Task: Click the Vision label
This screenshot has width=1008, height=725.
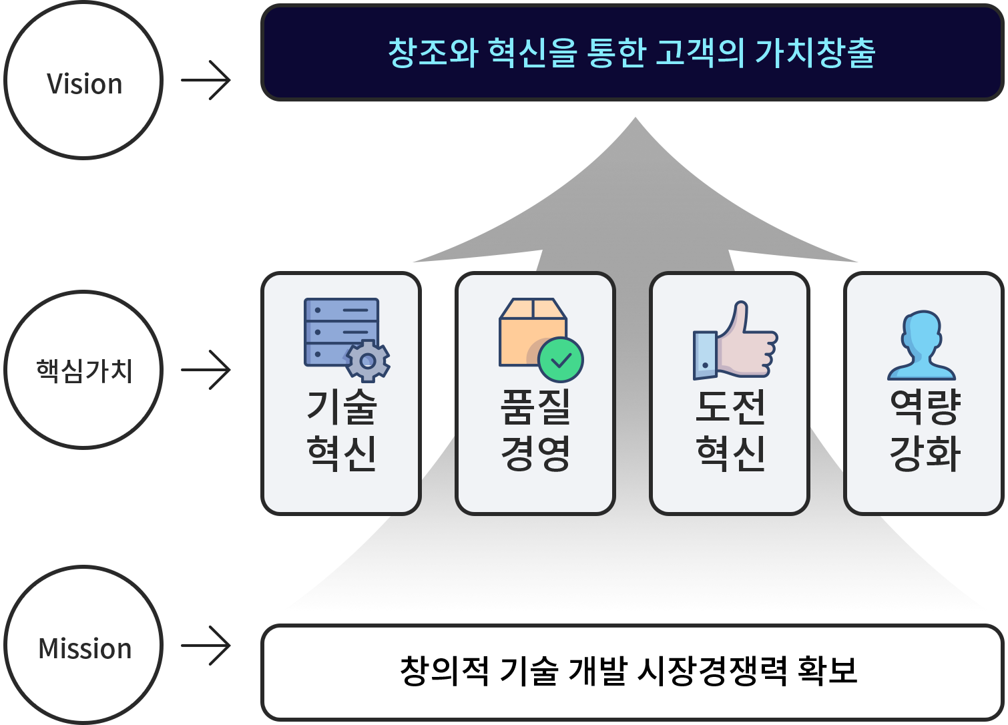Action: point(84,84)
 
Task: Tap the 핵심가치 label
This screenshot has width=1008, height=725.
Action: point(83,371)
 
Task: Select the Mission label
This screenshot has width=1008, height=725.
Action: point(85,648)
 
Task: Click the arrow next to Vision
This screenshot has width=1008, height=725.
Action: point(206,80)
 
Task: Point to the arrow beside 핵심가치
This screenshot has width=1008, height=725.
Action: point(206,370)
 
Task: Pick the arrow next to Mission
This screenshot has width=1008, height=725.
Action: point(206,646)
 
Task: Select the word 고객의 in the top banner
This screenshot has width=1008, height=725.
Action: point(700,53)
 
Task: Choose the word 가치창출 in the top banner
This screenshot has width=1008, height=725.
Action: point(814,53)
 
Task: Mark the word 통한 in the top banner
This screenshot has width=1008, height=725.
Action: point(616,53)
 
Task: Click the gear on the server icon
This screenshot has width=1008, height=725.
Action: point(368,361)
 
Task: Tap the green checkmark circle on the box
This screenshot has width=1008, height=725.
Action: point(561,360)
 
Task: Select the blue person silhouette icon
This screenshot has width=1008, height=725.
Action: point(921,345)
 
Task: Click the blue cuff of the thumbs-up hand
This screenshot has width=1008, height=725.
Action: point(705,354)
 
